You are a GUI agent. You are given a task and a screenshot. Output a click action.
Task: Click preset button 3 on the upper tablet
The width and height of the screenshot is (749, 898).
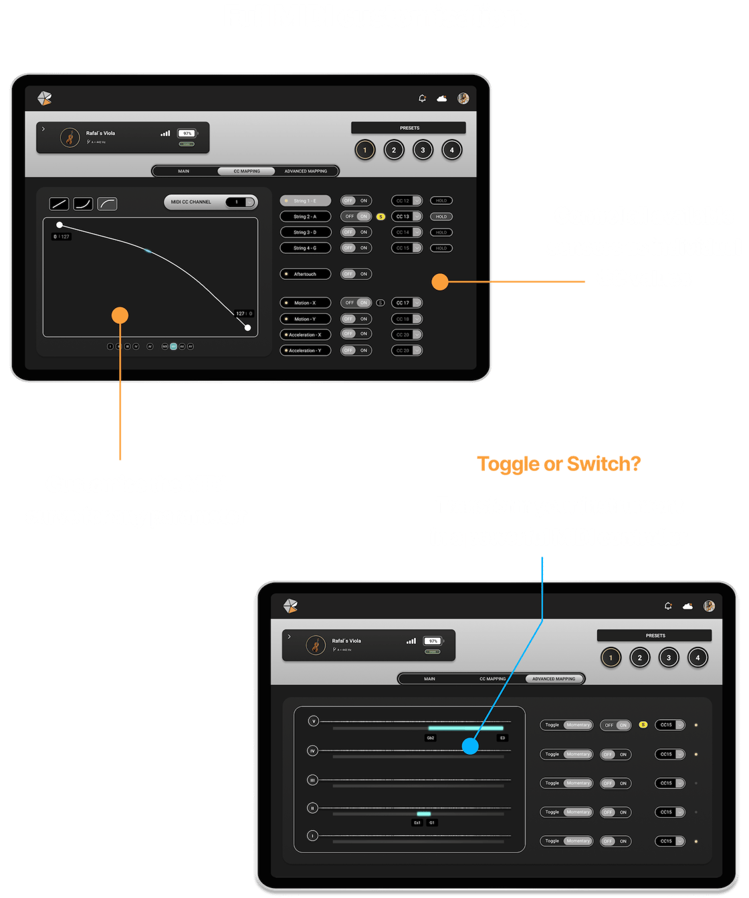click(x=423, y=150)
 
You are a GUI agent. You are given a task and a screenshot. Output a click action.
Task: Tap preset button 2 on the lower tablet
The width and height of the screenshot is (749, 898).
click(x=639, y=657)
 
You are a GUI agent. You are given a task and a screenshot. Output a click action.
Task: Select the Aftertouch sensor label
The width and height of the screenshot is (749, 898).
click(x=305, y=274)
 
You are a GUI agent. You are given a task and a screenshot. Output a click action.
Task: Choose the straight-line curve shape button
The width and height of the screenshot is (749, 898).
click(x=59, y=204)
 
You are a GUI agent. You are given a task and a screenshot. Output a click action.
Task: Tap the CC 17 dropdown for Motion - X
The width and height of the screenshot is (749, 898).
click(x=407, y=303)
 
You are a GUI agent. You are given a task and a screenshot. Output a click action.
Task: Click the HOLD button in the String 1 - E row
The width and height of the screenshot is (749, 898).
click(x=441, y=200)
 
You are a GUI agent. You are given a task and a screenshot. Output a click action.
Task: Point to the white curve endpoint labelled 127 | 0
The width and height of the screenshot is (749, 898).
click(x=247, y=327)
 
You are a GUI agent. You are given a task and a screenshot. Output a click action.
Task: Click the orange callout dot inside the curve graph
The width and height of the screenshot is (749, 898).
click(x=120, y=315)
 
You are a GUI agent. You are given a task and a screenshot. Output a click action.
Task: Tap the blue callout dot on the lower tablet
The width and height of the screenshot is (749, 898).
click(x=470, y=746)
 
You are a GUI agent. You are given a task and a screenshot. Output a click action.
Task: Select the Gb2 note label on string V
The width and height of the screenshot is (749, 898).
click(x=431, y=738)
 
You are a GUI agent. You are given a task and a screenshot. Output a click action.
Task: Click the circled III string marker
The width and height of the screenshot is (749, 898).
click(x=312, y=780)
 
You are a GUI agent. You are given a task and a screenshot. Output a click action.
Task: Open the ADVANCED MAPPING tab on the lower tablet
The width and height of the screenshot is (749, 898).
click(x=554, y=679)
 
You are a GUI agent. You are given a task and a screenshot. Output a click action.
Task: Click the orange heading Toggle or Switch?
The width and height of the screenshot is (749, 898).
click(x=558, y=464)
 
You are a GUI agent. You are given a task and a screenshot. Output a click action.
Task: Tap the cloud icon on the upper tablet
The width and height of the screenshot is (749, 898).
click(x=442, y=99)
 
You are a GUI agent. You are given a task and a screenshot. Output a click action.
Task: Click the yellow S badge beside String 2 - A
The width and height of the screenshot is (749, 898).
click(x=381, y=216)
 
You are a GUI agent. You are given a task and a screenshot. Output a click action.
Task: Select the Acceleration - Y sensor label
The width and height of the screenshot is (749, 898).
click(x=305, y=350)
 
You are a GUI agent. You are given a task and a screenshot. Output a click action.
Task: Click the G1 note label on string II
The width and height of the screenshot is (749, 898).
click(x=432, y=822)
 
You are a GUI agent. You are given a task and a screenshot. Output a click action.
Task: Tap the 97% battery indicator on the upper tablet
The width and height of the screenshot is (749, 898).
click(x=187, y=134)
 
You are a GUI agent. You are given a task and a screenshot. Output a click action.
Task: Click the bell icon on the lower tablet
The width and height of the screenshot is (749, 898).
click(x=668, y=606)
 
